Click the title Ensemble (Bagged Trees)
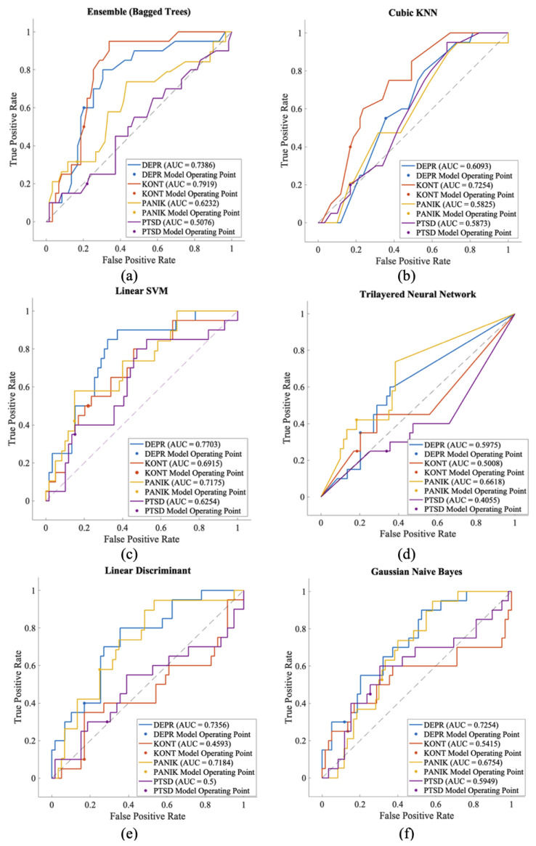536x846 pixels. click(139, 12)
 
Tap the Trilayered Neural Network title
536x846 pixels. click(418, 294)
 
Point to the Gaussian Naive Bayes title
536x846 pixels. click(416, 572)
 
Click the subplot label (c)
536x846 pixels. click(129, 555)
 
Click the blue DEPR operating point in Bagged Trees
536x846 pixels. click(84, 108)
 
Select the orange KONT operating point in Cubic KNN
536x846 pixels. click(350, 147)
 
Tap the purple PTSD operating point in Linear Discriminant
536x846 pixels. click(107, 722)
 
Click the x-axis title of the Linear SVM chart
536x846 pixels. click(142, 538)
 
